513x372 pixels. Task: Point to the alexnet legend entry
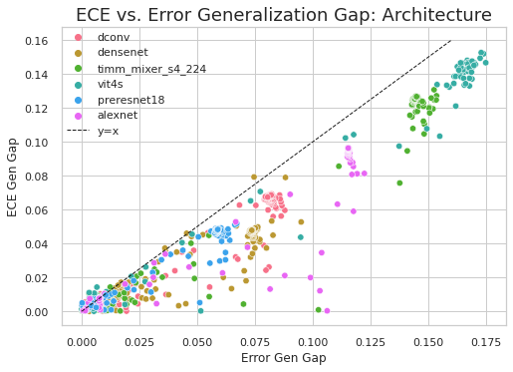117,115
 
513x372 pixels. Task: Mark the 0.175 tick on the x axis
487,341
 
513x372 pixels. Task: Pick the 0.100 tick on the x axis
313,341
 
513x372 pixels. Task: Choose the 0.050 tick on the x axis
197,341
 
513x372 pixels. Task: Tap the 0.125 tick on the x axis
371,341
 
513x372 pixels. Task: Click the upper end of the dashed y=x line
451,41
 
